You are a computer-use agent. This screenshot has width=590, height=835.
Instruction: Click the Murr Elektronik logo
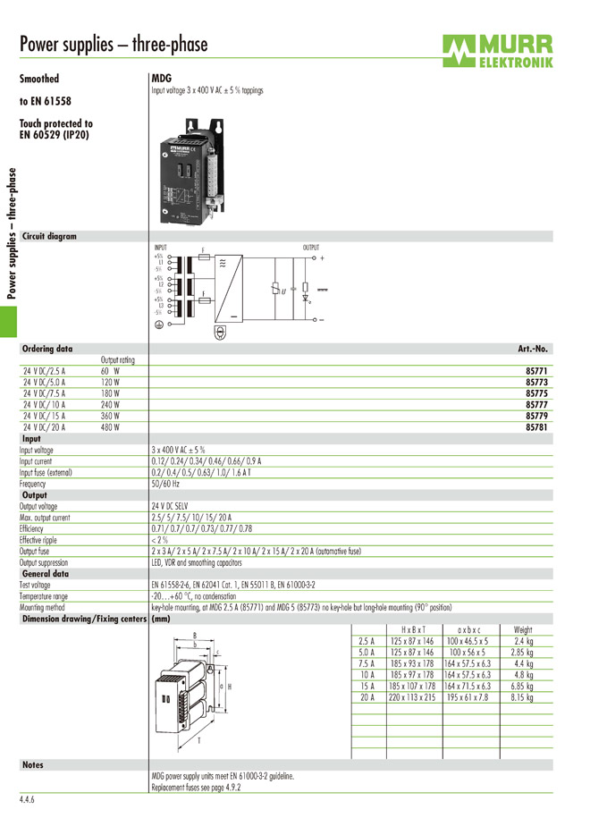coord(497,50)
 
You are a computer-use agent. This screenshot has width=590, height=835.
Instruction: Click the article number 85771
coord(535,369)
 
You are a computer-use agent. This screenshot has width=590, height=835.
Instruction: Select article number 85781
coord(535,427)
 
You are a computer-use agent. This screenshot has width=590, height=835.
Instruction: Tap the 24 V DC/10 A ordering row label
coord(44,404)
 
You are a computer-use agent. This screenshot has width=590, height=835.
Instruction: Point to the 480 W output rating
coord(110,427)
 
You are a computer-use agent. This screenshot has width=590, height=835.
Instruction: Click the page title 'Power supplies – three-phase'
coord(114,45)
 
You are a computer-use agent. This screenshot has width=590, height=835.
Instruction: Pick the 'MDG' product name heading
coord(162,79)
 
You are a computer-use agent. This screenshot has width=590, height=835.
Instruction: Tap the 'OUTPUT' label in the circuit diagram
coord(311,247)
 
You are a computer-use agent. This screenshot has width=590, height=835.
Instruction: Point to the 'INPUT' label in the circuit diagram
coord(161,247)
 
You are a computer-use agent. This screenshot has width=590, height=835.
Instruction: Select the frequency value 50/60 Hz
coord(165,484)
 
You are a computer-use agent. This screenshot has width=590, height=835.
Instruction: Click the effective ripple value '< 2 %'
coord(159,540)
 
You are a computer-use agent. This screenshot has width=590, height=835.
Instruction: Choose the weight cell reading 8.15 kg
coord(523,696)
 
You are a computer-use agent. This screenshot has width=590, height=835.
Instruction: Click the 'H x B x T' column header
coord(413,630)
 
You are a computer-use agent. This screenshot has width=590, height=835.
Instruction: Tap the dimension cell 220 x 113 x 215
coord(412,696)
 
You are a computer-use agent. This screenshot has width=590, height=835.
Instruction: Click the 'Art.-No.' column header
coord(533,349)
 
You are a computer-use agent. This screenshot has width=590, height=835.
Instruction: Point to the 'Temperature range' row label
coord(44,595)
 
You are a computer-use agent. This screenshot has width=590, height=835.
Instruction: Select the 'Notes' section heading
coord(33,765)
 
